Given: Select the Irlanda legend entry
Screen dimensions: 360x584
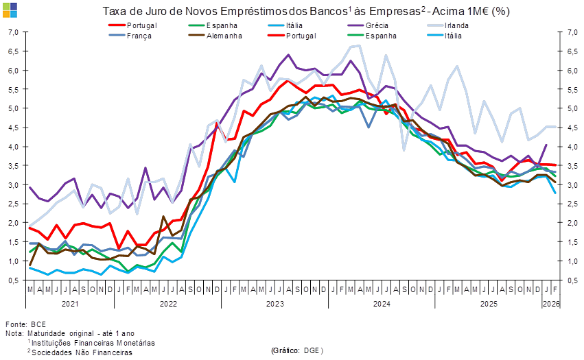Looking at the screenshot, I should (x=456, y=25).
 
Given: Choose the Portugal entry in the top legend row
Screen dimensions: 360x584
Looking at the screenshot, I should (x=143, y=25).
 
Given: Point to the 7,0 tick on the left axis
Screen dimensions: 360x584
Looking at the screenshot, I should (x=12, y=32).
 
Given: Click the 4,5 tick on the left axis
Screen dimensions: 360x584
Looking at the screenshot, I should (x=12, y=128).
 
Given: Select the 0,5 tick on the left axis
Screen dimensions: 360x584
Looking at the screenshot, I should (x=12, y=280).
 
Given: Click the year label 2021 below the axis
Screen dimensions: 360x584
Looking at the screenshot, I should (x=69, y=303).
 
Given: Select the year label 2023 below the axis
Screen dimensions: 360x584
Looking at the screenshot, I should (x=275, y=303).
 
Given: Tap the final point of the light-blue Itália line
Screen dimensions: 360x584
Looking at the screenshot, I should (x=556, y=193).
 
